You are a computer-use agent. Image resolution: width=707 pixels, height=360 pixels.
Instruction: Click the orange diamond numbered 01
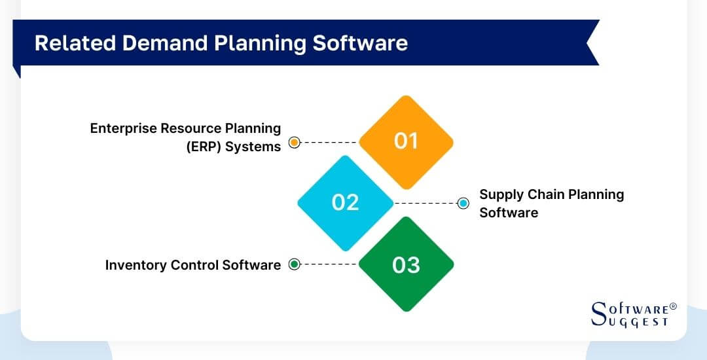pos(406,142)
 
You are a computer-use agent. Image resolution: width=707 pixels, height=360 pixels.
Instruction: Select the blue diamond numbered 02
pos(345,203)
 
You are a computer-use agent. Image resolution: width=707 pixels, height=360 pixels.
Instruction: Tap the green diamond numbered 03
pos(406,264)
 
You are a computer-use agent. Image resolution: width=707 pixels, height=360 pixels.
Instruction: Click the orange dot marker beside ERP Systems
pos(295,142)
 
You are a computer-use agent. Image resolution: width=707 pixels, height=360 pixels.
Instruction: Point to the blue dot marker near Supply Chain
pos(463,203)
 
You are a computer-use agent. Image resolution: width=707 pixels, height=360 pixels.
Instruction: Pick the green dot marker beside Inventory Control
pos(295,264)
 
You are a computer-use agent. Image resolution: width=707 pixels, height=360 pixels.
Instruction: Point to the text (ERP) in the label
pos(203,147)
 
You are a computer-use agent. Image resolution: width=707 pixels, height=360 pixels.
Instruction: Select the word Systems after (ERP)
pos(253,147)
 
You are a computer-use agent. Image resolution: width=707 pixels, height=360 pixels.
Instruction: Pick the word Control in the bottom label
pos(195,265)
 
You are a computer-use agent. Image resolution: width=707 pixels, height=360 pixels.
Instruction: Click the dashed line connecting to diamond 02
pos(426,203)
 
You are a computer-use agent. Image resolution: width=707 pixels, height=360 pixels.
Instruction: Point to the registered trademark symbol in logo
pos(674,306)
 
